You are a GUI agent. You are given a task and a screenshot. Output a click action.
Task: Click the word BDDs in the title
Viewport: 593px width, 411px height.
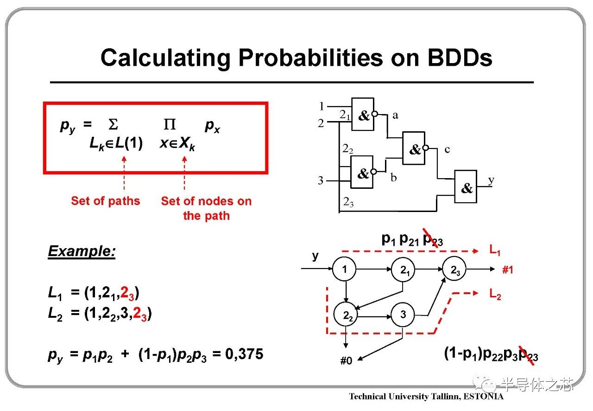[460, 58]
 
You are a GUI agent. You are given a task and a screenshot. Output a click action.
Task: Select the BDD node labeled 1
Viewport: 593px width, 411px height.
[344, 269]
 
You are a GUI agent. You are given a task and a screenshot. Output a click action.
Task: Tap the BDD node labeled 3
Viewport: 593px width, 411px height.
[403, 315]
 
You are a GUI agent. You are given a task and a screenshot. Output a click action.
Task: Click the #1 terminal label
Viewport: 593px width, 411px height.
[507, 270]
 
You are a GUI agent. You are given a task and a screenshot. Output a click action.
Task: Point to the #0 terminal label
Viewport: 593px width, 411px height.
[346, 360]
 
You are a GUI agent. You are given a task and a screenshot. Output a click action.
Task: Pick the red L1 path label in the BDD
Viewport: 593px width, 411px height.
[494, 250]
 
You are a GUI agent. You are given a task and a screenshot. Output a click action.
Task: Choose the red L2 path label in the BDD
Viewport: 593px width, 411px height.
[495, 294]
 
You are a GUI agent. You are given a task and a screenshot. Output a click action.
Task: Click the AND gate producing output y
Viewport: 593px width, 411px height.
[466, 186]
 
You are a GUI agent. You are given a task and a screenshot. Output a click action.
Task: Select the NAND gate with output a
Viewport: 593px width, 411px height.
[363, 114]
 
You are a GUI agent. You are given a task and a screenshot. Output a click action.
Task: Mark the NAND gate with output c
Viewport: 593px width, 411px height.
[414, 148]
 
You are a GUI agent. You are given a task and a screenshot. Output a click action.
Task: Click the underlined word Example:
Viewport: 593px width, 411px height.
[82, 251]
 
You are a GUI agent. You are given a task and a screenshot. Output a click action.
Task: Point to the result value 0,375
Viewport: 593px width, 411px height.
[244, 354]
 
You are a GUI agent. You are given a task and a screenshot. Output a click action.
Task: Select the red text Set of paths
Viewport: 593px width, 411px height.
[105, 201]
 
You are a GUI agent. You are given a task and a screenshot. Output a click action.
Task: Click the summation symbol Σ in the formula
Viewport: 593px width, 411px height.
[113, 124]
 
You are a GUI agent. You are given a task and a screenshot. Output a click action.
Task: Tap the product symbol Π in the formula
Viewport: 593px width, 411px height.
[170, 124]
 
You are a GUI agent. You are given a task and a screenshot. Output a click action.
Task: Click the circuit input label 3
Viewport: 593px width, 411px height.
[321, 180]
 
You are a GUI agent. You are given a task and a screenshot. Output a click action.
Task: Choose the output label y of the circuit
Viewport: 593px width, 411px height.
[491, 180]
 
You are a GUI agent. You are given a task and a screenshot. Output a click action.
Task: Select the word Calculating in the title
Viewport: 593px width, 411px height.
[165, 58]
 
